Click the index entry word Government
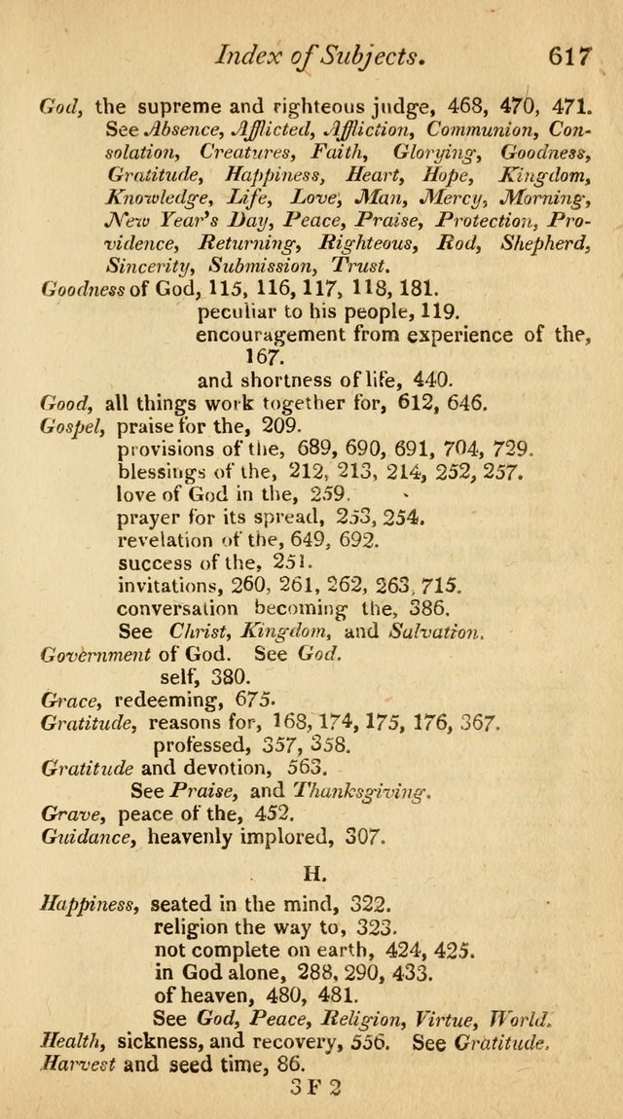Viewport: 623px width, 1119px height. point(95,654)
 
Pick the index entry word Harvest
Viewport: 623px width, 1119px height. point(77,1064)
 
